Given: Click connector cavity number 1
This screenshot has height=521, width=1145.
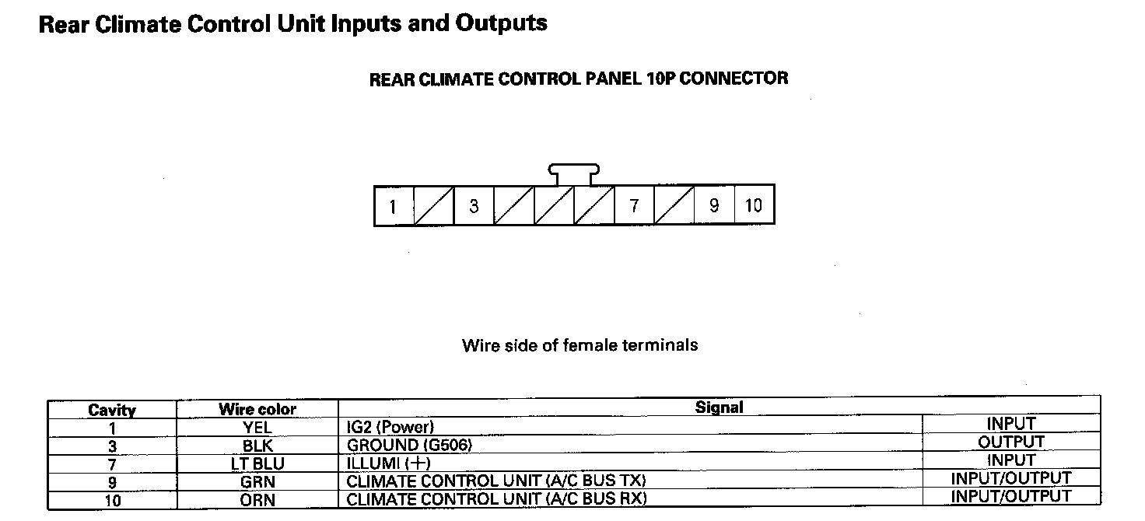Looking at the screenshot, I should pyautogui.click(x=394, y=206).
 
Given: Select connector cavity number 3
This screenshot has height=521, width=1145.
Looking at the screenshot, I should pyautogui.click(x=474, y=206).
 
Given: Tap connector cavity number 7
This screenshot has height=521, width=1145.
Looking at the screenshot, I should pyautogui.click(x=634, y=206).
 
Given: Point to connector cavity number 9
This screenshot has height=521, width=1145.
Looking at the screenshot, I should pyautogui.click(x=714, y=206).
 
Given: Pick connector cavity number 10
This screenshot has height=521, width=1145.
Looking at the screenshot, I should pyautogui.click(x=754, y=206).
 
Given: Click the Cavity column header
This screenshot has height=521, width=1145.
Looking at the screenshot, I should pyautogui.click(x=112, y=410).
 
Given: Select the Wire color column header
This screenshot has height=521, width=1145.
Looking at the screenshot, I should pyautogui.click(x=257, y=409).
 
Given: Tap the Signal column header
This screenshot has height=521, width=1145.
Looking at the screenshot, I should pyautogui.click(x=719, y=407).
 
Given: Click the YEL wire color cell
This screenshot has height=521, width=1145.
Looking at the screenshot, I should pyautogui.click(x=257, y=427).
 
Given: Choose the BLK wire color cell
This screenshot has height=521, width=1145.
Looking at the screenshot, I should pyautogui.click(x=257, y=446).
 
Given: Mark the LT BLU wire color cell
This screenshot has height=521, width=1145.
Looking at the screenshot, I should pyautogui.click(x=257, y=463).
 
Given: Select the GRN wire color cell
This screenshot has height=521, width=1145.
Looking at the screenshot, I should pyautogui.click(x=257, y=481).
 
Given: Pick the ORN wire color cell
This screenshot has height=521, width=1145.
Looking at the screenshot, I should pyautogui.click(x=257, y=499).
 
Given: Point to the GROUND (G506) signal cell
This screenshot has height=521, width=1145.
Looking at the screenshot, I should pyautogui.click(x=409, y=445).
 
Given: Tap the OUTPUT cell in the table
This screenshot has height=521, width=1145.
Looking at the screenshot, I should pyautogui.click(x=1011, y=442).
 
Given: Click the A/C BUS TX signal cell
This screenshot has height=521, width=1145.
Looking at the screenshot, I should pyautogui.click(x=496, y=481).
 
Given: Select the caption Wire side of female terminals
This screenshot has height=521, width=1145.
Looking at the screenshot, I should pyautogui.click(x=580, y=344).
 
